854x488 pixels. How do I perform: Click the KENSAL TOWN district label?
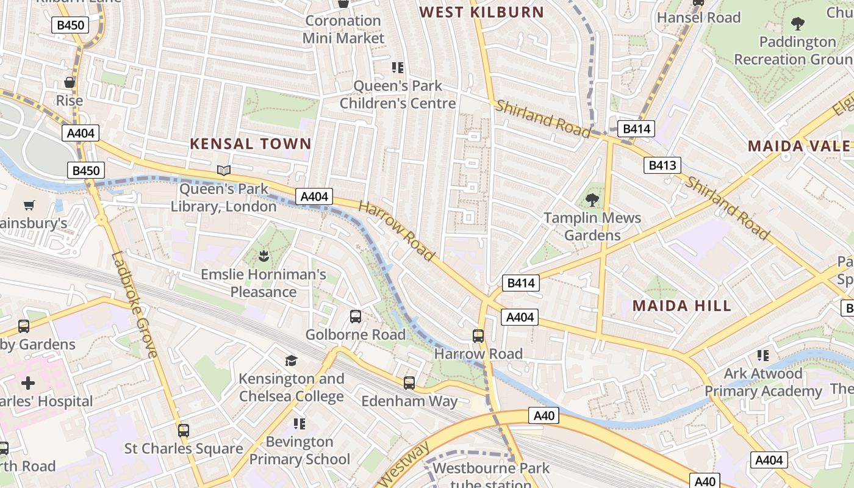pos(251,144)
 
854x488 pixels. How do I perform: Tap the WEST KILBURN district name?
pos(482,12)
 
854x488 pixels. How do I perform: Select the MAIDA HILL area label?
pos(682,306)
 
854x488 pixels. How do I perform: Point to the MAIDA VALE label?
pos(798,146)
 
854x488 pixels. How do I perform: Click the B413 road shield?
pos(662,165)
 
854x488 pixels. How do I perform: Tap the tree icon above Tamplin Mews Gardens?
pos(592,199)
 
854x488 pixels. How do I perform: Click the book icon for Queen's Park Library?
pos(224,171)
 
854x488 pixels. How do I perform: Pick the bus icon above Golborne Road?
pos(356,316)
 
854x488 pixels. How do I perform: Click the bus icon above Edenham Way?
pos(409,383)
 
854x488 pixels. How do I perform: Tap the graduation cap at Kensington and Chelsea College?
pos(292,361)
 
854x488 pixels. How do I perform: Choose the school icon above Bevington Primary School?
pos(299,423)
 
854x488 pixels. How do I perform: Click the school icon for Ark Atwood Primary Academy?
pos(762,355)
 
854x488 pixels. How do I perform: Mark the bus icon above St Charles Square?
pos(184,430)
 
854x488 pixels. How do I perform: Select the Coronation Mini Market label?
pos(344,29)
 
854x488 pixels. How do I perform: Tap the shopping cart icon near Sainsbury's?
pos(29,206)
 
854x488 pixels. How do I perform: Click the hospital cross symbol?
pos(28,383)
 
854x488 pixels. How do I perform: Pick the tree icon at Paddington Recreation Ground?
pos(797,24)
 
